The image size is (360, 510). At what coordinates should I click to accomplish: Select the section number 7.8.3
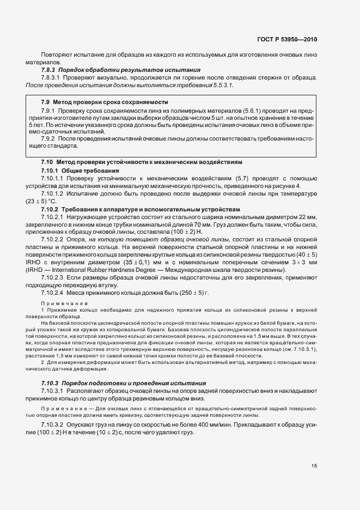click(48, 70)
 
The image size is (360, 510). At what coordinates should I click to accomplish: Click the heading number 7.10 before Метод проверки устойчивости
click(47, 162)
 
